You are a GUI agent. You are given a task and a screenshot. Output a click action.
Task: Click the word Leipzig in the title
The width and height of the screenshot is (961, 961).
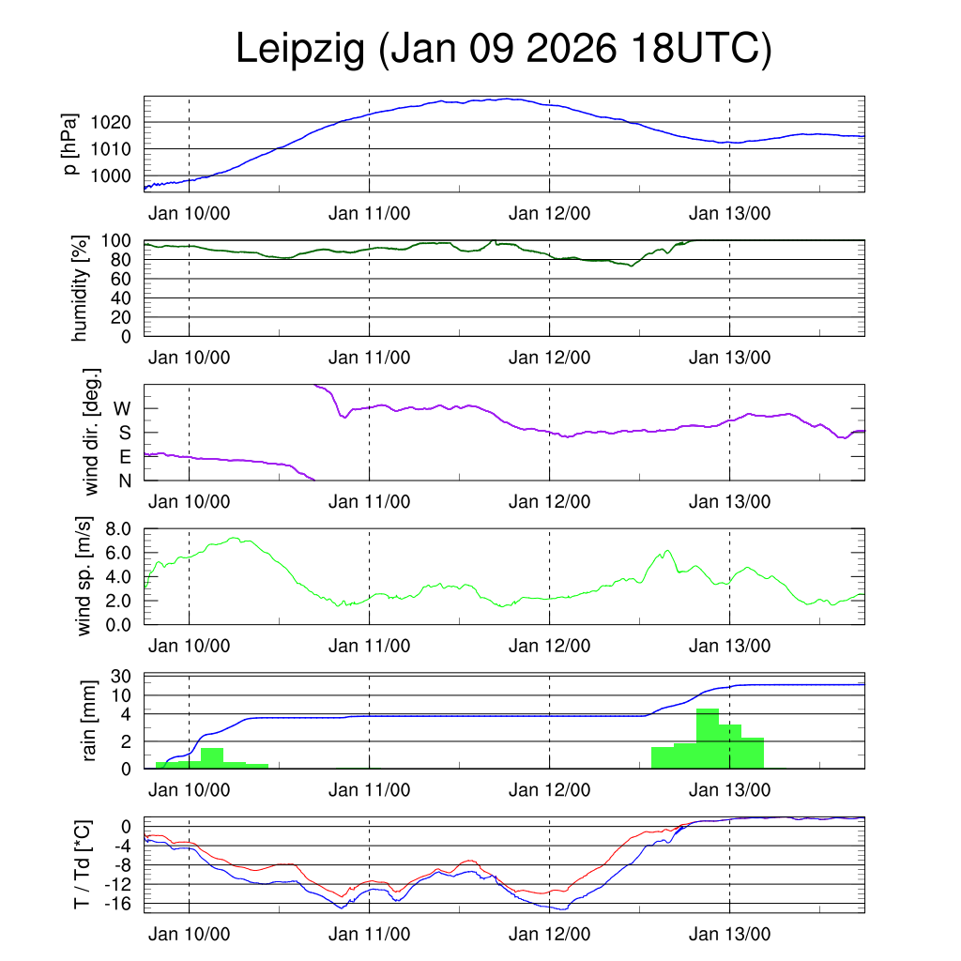click(299, 49)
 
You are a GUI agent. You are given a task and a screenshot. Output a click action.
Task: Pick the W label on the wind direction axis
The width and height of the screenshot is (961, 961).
click(122, 409)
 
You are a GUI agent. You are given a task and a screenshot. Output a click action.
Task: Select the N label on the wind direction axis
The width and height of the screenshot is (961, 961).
click(124, 481)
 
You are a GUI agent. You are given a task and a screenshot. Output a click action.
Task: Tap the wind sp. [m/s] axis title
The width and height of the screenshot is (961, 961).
click(84, 575)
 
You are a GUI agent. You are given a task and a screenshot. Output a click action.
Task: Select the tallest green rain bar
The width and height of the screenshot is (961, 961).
click(708, 739)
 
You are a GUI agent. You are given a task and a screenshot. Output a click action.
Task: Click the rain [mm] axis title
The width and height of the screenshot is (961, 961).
click(91, 721)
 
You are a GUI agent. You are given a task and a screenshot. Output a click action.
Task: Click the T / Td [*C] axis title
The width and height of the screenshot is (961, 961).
click(83, 864)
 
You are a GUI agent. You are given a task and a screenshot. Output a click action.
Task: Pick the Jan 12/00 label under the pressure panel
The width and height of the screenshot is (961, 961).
click(549, 213)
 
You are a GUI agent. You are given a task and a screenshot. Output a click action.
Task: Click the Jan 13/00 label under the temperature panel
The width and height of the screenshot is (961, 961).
click(729, 935)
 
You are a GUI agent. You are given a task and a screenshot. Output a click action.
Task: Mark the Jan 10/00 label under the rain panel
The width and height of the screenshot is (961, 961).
click(189, 791)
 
